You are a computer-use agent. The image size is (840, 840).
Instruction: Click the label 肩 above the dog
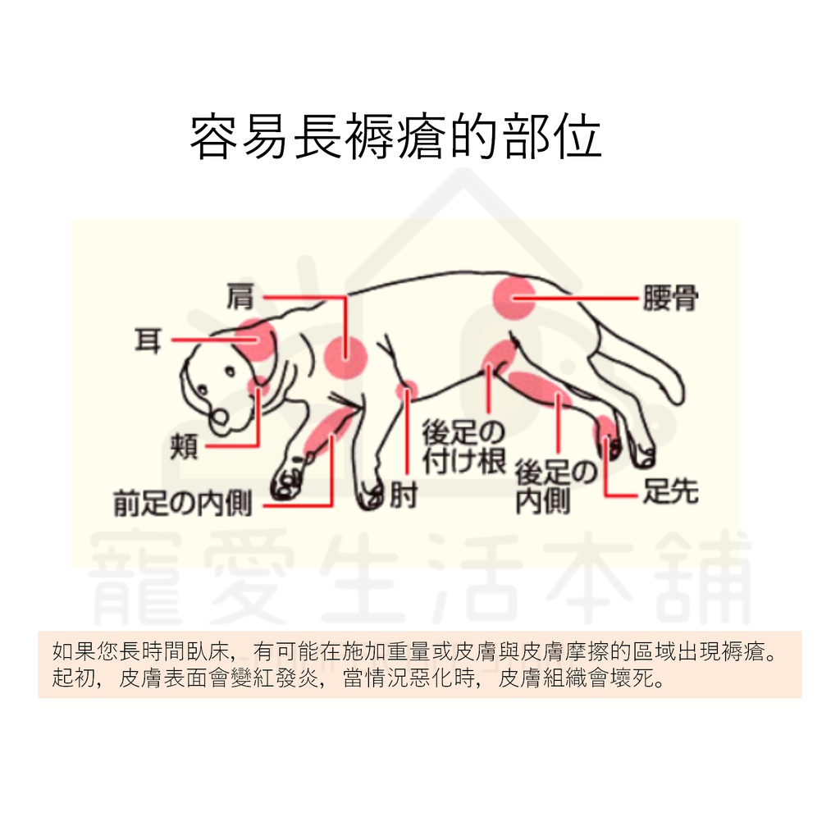point(241,297)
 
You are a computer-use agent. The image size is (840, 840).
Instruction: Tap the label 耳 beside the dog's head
point(148,339)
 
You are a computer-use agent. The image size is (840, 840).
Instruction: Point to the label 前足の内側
point(183,504)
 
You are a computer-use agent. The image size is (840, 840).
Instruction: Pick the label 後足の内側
point(555,487)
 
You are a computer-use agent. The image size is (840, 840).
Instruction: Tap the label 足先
point(670,491)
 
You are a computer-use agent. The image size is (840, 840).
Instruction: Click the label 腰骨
point(670,299)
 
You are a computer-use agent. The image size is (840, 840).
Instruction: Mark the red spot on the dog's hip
point(514,297)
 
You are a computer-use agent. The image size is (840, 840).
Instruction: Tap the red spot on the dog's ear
point(258,340)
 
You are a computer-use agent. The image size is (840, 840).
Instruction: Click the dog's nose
point(220,421)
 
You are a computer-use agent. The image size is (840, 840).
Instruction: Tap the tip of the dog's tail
point(674,394)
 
